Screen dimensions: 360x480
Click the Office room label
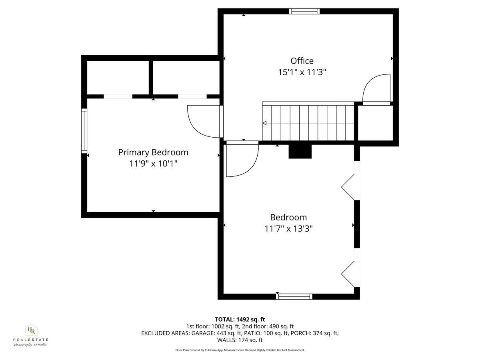(x=302, y=61)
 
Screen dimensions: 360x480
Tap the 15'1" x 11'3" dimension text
(x=302, y=72)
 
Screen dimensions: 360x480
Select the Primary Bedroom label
(x=153, y=152)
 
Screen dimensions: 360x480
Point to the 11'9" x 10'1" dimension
(x=153, y=164)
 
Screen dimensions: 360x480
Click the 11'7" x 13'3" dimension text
(x=288, y=229)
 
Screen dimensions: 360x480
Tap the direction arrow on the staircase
(x=265, y=123)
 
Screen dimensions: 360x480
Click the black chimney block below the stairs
(x=300, y=151)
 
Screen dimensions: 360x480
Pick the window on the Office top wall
(x=305, y=11)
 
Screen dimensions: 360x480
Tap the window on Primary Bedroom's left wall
(x=84, y=130)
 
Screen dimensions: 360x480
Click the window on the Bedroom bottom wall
(x=294, y=296)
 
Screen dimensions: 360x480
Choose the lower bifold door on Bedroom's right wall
(x=349, y=274)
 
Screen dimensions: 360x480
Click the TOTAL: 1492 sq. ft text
(x=240, y=319)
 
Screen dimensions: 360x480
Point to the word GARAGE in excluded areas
(x=204, y=333)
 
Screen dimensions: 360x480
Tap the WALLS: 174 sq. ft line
(x=240, y=340)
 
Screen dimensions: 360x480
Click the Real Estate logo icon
(x=31, y=330)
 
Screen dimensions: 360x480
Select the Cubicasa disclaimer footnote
(x=240, y=350)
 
